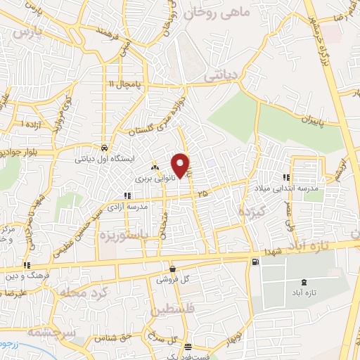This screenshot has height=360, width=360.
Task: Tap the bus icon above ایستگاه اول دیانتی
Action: point(105,148)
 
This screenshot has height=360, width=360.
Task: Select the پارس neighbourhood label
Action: point(27,32)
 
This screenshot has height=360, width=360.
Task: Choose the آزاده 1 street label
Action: point(32,124)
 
